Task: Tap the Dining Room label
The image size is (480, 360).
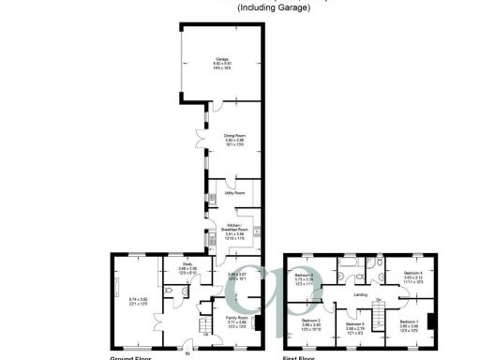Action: point(233,136)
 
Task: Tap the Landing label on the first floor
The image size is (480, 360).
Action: point(360,295)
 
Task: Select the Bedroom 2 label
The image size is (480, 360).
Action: point(310,320)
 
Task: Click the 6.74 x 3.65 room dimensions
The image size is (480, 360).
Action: point(138,299)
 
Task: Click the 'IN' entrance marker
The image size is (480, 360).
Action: point(187,353)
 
